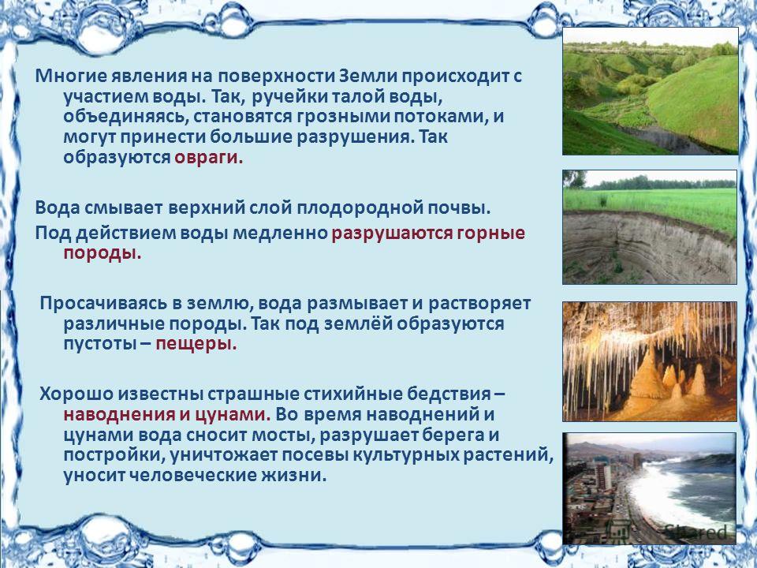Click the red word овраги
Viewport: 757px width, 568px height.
point(208,159)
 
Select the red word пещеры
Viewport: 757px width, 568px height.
point(196,345)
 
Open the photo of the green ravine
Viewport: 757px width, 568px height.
point(651,92)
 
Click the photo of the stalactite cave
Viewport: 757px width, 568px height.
point(650,362)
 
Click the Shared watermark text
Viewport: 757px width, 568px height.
point(695,532)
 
